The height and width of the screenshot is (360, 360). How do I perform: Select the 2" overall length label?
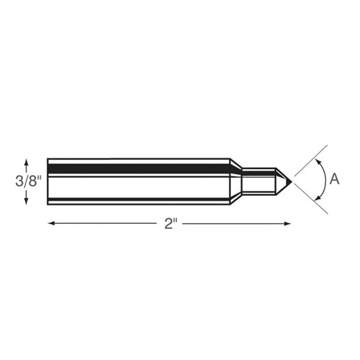click(170, 224)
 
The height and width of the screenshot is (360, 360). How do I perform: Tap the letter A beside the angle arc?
click(334, 179)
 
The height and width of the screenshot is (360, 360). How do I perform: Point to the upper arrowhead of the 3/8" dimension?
click(27, 162)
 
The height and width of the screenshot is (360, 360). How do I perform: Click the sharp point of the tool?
click(291, 180)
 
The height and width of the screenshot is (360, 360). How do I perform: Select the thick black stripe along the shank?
click(137, 168)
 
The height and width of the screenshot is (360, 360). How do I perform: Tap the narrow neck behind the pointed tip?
click(258, 180)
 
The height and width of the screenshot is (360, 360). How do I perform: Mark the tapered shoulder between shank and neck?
click(235, 181)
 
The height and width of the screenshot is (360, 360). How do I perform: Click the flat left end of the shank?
click(48, 181)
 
